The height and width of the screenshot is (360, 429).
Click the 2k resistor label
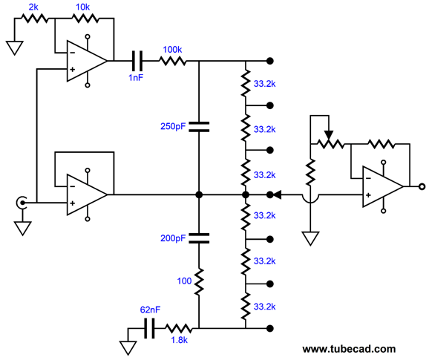(33, 7)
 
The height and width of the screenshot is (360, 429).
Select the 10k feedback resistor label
(82, 7)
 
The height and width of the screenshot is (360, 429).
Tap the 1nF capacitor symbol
(137, 61)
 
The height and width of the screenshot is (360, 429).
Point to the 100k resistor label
(172, 50)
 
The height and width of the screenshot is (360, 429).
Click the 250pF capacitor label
(173, 126)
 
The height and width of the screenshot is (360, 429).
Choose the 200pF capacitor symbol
(199, 238)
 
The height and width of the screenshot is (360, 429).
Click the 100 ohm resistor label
(184, 281)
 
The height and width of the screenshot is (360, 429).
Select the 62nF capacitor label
(150, 310)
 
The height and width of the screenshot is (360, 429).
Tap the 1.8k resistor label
(179, 340)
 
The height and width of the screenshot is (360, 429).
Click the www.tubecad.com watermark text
(349, 349)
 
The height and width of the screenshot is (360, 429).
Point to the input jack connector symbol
(21, 203)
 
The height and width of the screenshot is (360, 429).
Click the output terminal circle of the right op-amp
(422, 187)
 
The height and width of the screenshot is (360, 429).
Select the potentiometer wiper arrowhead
(329, 135)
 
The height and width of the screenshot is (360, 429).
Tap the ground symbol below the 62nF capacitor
(128, 347)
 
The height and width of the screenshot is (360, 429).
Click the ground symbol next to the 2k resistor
(15, 48)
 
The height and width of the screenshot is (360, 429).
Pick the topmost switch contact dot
(270, 61)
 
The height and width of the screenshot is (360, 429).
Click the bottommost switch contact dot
(270, 328)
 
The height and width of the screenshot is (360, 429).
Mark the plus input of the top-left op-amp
(73, 69)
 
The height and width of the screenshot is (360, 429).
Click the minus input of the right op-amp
(368, 178)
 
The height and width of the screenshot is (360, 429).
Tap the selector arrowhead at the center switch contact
(277, 195)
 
